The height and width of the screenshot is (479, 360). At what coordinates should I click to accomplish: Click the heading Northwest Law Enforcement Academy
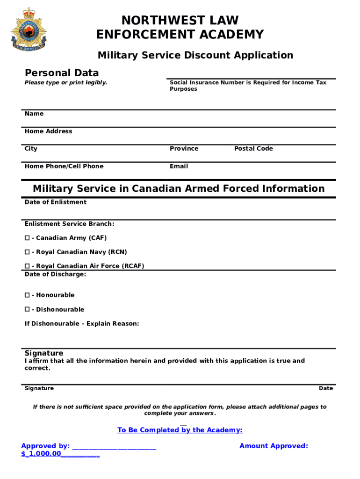pos(180,28)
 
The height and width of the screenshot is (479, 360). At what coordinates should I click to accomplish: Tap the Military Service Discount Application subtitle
pos(195,55)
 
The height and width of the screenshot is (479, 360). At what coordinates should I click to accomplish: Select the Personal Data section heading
pos(62,73)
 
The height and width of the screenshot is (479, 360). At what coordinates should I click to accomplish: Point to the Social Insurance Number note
pos(248,86)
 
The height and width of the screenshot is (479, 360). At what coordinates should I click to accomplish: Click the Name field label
pos(34,114)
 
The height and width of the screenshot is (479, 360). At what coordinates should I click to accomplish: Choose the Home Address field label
pos(49,131)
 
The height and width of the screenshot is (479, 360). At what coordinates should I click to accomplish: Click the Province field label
pos(184,149)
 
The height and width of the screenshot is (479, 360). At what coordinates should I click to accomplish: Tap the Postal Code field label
pos(253,149)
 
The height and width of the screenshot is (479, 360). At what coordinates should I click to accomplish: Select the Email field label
pos(179,166)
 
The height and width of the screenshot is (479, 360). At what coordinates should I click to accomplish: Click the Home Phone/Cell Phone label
pos(64,166)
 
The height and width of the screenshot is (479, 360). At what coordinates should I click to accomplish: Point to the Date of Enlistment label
pos(56,202)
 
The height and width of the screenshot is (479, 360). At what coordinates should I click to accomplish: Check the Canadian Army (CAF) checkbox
pos(27,238)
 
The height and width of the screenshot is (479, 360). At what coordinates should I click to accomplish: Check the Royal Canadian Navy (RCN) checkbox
pos(27,252)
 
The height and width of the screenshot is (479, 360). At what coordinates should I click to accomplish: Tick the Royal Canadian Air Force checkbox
pos(27,266)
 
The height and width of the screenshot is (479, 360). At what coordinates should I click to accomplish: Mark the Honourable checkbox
pos(27,295)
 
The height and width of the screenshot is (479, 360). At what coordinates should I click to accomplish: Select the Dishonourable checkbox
pos(27,310)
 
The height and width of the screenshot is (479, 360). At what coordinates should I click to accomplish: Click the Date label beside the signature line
pos(326,388)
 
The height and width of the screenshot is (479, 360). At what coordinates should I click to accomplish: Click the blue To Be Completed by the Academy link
pos(180,430)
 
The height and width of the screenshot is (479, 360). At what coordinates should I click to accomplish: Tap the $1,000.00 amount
pos(42,454)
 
